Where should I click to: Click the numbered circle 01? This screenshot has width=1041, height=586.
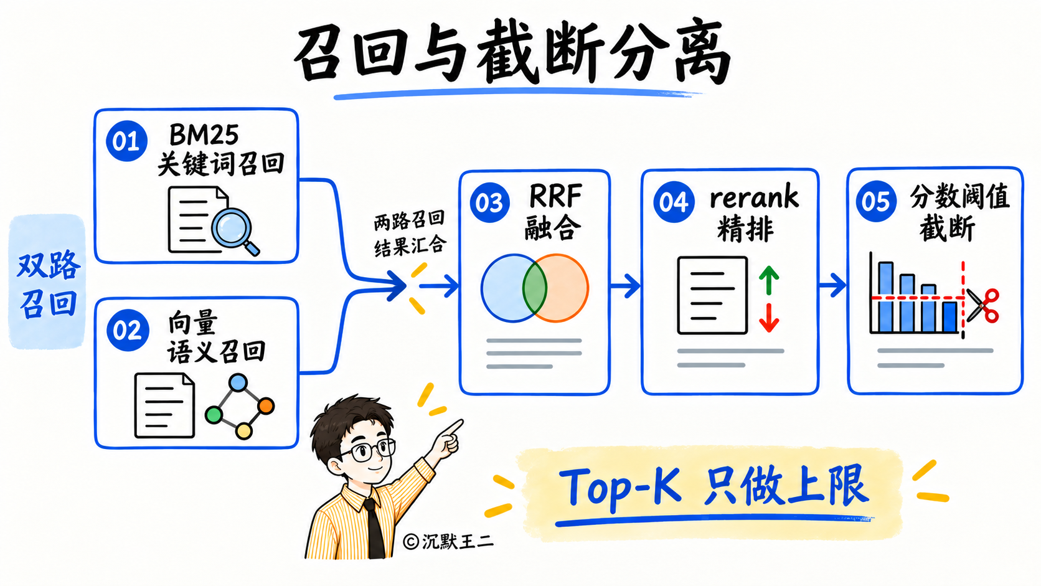click(126, 141)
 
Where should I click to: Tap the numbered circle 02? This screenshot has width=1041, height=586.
click(128, 330)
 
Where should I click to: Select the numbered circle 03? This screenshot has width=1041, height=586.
click(489, 202)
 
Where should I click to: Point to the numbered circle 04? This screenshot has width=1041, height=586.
click(674, 202)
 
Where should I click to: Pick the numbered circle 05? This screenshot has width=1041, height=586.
click(876, 201)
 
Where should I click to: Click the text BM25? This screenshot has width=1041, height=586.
click(204, 135)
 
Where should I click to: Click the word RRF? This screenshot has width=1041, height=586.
click(555, 196)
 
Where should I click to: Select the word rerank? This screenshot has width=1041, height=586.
click(754, 197)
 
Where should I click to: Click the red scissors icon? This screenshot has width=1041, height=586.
click(982, 305)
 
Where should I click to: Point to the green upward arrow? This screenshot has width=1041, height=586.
click(769, 280)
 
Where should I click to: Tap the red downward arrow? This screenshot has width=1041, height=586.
click(769, 318)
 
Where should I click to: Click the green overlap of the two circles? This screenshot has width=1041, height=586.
click(534, 288)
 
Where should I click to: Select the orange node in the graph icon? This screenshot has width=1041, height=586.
click(266, 405)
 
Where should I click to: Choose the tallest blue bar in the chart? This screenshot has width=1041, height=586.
click(886, 297)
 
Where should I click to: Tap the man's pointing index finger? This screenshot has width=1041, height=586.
click(452, 427)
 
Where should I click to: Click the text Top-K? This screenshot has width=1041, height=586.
click(620, 488)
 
